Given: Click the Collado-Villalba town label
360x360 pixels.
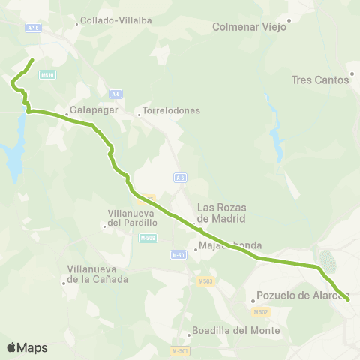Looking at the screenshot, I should [x=110, y=20].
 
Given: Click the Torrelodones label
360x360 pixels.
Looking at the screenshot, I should [x=172, y=111].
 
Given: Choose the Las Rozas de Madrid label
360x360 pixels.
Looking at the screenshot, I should [x=221, y=214].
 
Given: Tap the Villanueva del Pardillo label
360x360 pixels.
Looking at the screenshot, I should [x=132, y=217].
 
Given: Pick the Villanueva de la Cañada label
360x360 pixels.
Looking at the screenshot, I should [x=97, y=274].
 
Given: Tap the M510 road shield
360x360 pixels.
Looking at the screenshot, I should [x=47, y=75].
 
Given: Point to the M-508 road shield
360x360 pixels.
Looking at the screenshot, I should [x=147, y=237].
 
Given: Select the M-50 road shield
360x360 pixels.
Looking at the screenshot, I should [x=178, y=255].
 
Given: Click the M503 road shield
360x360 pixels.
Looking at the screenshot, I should [x=205, y=281].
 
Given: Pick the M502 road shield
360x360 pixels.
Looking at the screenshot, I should [x=261, y=312].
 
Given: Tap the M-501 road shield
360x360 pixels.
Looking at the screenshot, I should [x=178, y=350].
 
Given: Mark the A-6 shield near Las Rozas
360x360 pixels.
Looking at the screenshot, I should [x=180, y=178].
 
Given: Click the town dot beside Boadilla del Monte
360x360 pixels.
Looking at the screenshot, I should [x=189, y=335].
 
